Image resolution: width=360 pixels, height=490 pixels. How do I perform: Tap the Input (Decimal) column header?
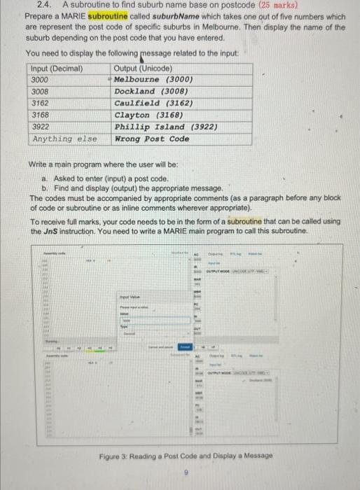point(57,69)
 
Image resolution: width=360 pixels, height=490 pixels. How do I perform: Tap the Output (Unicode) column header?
point(143,69)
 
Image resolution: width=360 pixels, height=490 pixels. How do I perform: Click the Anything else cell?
point(64,139)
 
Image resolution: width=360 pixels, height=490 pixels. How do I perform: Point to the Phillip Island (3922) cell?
point(166,127)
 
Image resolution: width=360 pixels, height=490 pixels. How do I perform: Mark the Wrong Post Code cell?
point(151,139)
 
